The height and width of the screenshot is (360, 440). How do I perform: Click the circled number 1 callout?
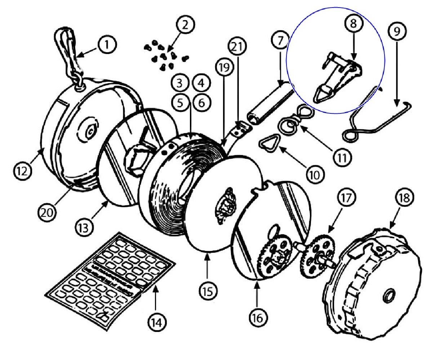(x=107, y=44)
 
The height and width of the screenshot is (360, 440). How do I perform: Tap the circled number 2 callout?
(x=185, y=24)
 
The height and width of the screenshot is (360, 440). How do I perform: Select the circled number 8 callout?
(x=353, y=23)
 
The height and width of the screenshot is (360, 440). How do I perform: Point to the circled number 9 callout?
(x=397, y=31)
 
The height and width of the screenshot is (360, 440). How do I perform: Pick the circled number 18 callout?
(x=405, y=198)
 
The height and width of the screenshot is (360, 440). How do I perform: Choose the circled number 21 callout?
(x=237, y=46)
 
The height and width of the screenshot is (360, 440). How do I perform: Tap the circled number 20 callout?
(x=47, y=212)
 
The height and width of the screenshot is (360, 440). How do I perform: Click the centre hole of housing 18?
(x=389, y=296)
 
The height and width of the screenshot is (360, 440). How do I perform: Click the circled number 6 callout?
(x=201, y=103)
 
